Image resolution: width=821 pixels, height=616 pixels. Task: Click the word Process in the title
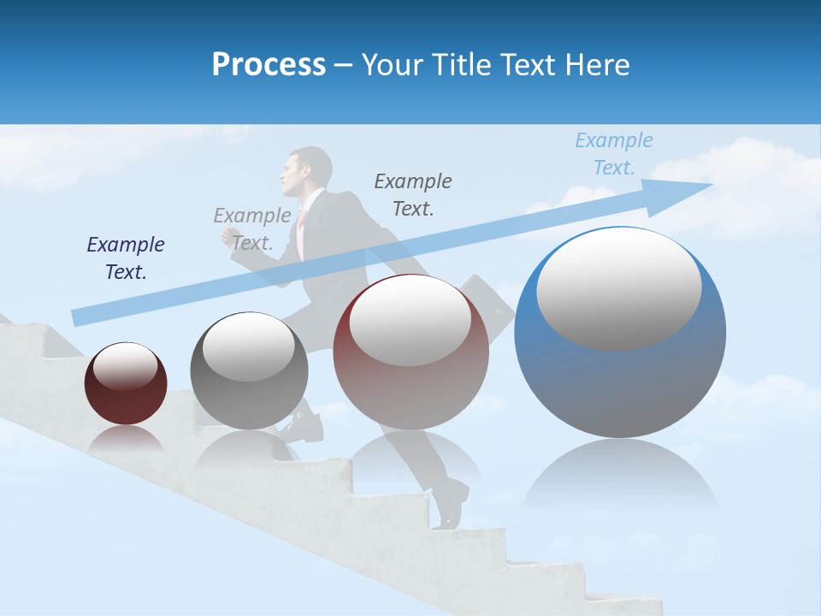(269, 65)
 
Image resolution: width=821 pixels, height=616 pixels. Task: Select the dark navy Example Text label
(126, 258)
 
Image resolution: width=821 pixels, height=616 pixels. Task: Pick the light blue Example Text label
(614, 154)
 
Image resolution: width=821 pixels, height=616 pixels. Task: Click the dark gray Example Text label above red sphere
(413, 194)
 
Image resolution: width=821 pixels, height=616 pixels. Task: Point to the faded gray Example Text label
(252, 229)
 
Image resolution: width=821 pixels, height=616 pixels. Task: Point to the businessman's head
(308, 171)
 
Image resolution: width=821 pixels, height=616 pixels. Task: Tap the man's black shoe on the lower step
(451, 505)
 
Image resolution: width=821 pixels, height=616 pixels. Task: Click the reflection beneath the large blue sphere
(620, 479)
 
